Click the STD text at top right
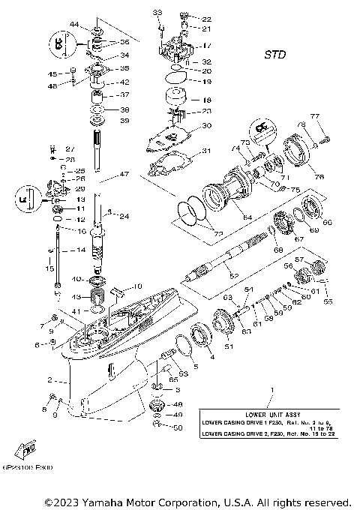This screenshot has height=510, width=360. [275, 55]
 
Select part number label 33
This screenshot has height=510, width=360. [157, 13]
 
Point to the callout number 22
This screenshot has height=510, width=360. [207, 18]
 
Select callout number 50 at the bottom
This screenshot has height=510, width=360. [178, 427]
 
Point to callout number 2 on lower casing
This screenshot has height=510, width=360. [49, 380]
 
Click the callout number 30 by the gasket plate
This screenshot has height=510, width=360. [207, 125]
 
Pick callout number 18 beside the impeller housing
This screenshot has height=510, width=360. [207, 99]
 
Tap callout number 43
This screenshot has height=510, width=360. [76, 297]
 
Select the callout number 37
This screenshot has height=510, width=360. [124, 94]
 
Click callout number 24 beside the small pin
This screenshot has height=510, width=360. [124, 217]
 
